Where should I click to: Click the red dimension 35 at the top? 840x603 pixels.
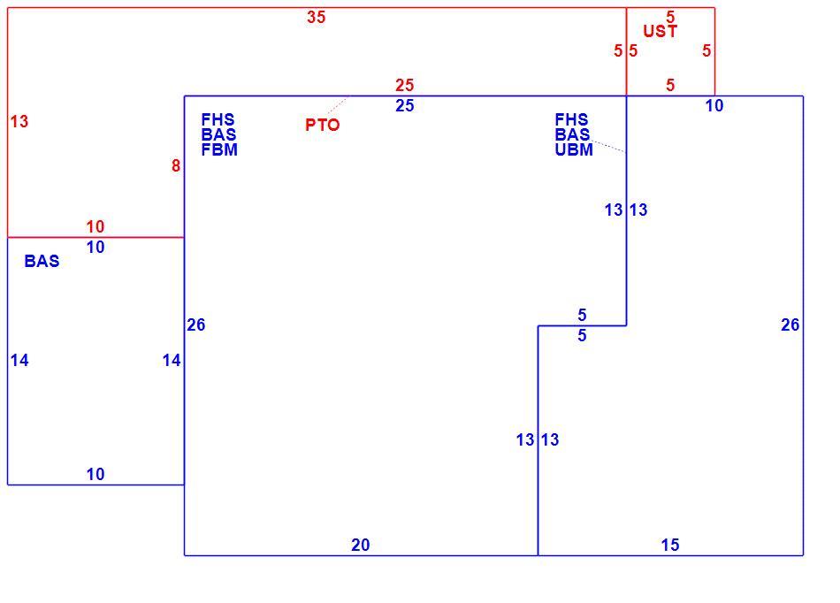click(316, 17)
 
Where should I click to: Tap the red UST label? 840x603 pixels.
click(660, 31)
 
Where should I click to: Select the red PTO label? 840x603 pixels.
click(323, 125)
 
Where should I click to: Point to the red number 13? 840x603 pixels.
click(19, 121)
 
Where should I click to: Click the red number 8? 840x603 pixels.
click(176, 166)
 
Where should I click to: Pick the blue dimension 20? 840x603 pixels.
click(361, 545)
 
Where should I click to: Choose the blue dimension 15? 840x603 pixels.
click(670, 545)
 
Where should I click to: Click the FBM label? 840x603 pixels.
click(219, 149)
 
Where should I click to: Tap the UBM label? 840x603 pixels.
click(574, 149)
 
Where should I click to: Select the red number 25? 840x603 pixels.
click(405, 85)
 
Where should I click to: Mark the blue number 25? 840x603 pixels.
click(405, 105)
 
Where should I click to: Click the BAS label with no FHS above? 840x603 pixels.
click(42, 261)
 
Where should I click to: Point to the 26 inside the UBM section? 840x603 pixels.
click(790, 324)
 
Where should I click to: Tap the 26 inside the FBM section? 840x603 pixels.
click(196, 324)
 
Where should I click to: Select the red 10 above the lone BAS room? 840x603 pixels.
click(95, 226)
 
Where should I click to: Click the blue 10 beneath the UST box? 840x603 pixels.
click(714, 105)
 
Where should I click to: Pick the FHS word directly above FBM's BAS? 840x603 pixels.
click(218, 119)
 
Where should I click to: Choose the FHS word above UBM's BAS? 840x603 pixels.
click(571, 119)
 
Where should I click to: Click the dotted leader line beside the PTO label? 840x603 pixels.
click(338, 105)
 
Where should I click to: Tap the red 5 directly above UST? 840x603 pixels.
click(670, 17)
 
